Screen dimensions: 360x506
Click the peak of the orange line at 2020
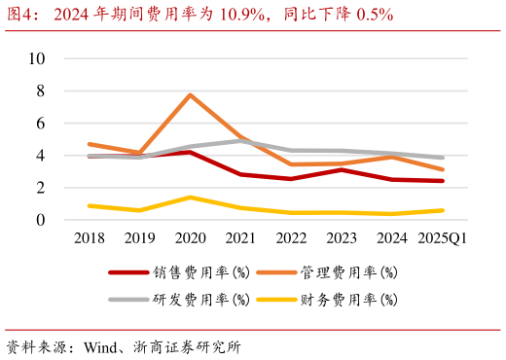[x=190, y=95]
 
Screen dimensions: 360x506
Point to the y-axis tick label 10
[x=38, y=58]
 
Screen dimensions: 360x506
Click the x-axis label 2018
[x=89, y=238]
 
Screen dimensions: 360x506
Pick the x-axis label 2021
[x=240, y=238]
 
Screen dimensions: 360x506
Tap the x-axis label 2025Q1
[x=444, y=238]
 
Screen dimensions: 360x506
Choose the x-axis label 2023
[x=342, y=238]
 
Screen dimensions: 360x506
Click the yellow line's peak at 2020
[x=190, y=198]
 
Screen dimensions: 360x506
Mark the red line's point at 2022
[x=291, y=179]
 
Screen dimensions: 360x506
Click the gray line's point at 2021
[x=240, y=141]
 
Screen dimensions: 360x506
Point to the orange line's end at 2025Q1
[x=444, y=169]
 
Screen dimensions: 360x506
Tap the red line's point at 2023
[x=342, y=169]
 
